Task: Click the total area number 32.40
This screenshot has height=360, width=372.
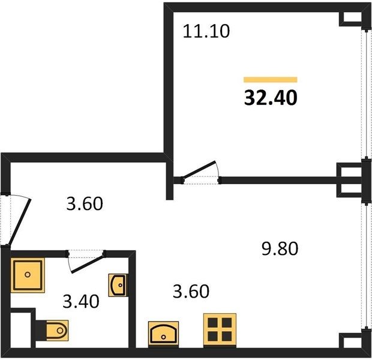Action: (x=271, y=98)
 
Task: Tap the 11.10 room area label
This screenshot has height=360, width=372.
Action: (x=206, y=31)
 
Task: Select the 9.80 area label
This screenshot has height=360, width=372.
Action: (x=280, y=248)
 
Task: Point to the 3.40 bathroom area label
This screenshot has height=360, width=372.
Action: (x=81, y=301)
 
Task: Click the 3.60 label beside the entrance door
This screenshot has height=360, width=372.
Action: (x=85, y=203)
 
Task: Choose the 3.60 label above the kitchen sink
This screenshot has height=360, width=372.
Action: (x=191, y=291)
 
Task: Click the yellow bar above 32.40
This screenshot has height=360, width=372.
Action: (x=271, y=79)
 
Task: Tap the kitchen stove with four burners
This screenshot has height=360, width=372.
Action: (x=220, y=331)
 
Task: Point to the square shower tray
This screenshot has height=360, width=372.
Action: (x=28, y=275)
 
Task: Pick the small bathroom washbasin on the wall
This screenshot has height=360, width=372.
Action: (x=118, y=285)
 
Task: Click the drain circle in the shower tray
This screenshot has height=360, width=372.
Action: (x=28, y=275)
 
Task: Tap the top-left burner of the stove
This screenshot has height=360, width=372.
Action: (x=212, y=323)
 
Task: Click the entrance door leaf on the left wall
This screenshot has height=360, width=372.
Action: (x=19, y=223)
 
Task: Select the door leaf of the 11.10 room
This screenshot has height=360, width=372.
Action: (x=199, y=169)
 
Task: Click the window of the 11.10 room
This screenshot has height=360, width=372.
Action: (x=365, y=94)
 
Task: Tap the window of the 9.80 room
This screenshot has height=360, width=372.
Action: (x=365, y=265)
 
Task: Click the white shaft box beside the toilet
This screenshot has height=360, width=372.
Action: (x=21, y=330)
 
